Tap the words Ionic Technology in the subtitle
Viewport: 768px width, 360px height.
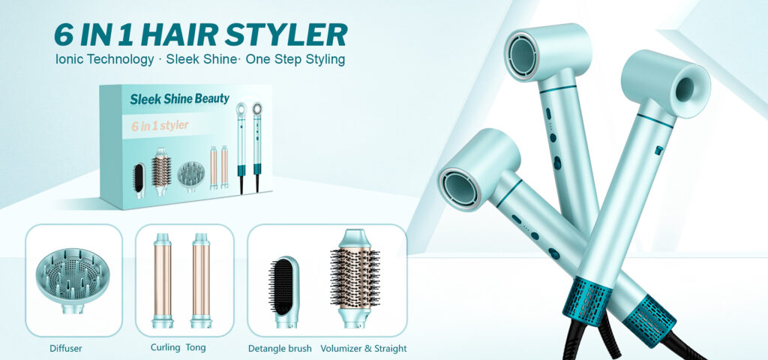coord(104,60)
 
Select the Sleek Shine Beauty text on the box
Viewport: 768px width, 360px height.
coord(179,98)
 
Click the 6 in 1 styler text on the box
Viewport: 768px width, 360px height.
coord(160,125)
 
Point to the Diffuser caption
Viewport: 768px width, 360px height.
coord(66,349)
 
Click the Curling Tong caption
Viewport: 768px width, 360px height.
coord(178,348)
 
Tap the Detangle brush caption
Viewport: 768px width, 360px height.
coord(280,349)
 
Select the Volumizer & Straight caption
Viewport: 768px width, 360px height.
coord(364,349)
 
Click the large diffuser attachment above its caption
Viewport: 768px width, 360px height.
coord(73,280)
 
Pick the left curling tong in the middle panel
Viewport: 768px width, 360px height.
coord(163,280)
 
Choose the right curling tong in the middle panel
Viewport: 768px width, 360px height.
coord(201,280)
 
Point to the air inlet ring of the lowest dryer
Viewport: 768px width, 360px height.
coord(459,187)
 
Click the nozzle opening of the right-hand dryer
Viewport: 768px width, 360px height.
coord(685,90)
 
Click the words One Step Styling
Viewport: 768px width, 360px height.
coord(295,60)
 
